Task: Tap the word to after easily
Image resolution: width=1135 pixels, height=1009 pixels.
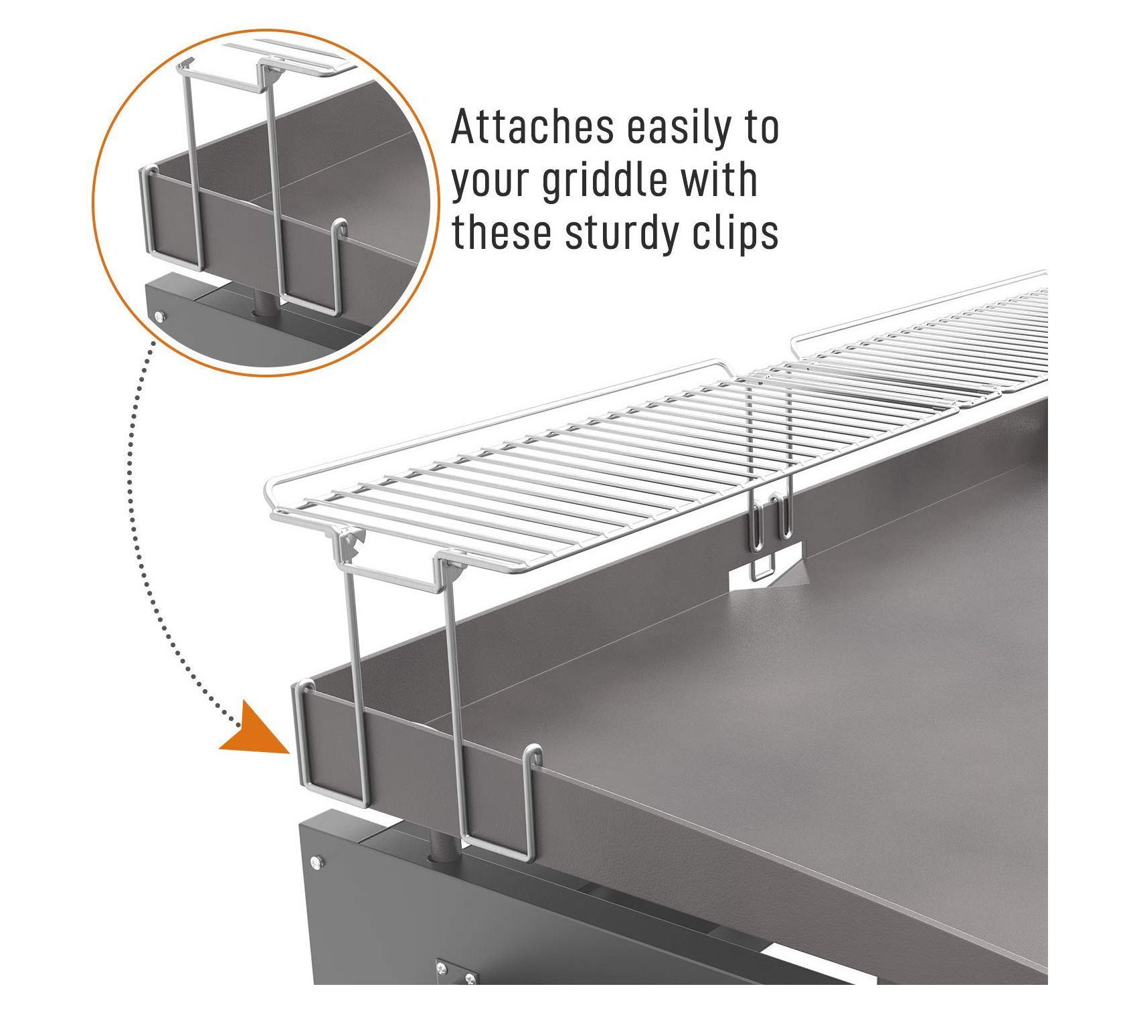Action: click(760, 129)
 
